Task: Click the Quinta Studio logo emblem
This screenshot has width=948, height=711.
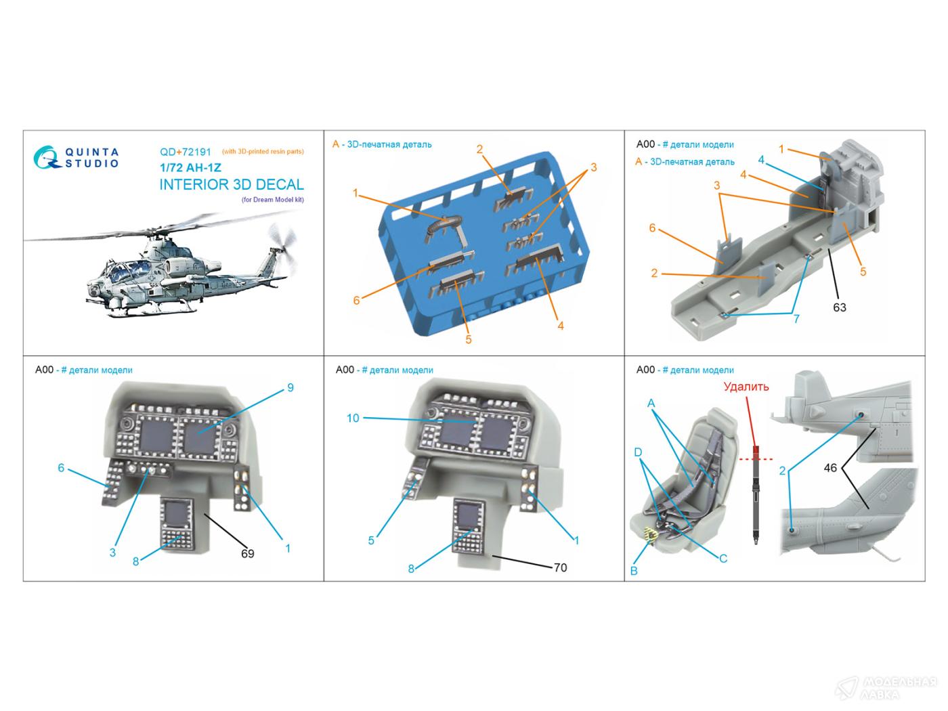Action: [x=46, y=157]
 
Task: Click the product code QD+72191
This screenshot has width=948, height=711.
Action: [x=186, y=152]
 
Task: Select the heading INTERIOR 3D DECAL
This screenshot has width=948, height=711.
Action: [x=232, y=184]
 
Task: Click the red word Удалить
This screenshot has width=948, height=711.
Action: [x=746, y=387]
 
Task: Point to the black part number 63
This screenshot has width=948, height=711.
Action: [x=840, y=307]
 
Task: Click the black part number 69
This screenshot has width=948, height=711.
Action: [x=247, y=553]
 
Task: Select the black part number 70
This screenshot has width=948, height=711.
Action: [x=560, y=567]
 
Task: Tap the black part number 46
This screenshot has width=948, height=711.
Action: [x=830, y=468]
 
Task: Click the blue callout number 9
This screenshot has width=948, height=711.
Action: [x=290, y=387]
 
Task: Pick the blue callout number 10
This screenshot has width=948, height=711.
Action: [x=353, y=418]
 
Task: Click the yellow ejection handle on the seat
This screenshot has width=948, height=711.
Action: [x=649, y=535]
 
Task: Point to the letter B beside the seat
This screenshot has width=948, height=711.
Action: [x=634, y=571]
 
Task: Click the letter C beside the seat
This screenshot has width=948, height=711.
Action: [x=723, y=559]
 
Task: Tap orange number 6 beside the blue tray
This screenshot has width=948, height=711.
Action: [x=356, y=301]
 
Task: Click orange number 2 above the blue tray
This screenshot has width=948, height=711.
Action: [x=479, y=150]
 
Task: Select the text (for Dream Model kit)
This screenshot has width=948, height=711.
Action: [x=272, y=200]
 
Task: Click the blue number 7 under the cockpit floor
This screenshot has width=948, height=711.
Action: [x=796, y=319]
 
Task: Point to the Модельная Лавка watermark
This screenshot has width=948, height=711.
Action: [x=886, y=688]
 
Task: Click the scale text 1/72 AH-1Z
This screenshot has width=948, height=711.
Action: [x=190, y=167]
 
